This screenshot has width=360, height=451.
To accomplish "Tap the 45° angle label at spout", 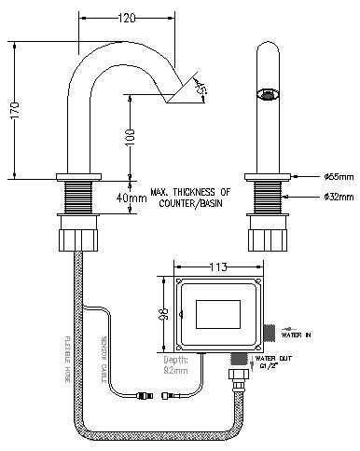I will tap(201, 89).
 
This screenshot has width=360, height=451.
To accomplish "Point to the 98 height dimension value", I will tap(165, 314).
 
